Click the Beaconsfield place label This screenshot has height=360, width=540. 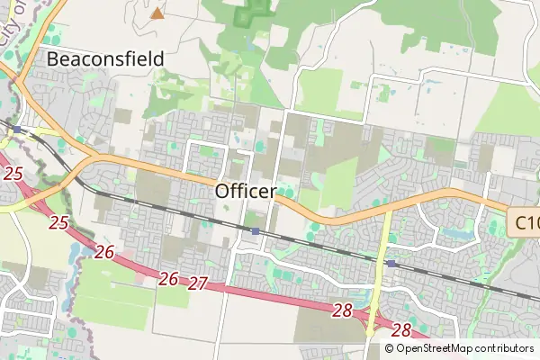tap(105, 59)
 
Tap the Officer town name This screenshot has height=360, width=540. tap(245, 191)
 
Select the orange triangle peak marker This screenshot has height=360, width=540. tap(157, 13)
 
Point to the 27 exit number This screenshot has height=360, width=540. tap(198, 283)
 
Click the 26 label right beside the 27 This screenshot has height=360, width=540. tap(168, 279)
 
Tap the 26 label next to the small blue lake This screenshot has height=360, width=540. tap(104, 252)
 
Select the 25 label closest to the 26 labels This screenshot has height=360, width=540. tap(59, 221)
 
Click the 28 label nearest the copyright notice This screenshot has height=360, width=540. tap(401, 330)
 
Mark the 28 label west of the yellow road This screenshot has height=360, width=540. tap(342, 310)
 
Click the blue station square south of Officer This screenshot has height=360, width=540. tap(256, 231)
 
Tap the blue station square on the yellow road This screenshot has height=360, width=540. tap(392, 263)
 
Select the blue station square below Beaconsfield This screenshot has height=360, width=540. tap(17, 130)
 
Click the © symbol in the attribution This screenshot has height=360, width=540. tap(390, 348)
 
